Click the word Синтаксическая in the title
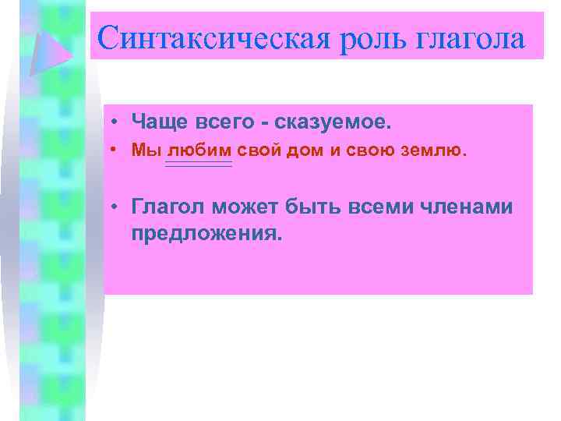(217, 37)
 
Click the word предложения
(203, 233)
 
